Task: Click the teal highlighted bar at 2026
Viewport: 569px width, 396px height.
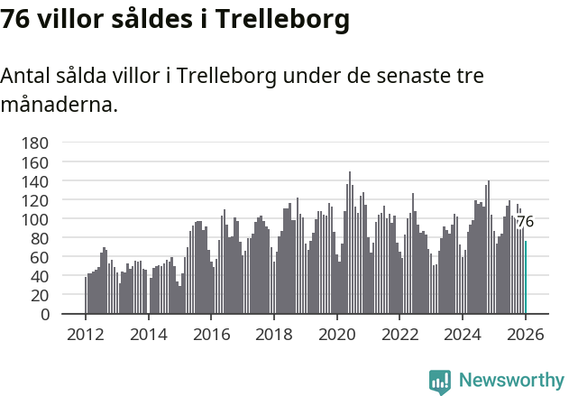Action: pyautogui.click(x=526, y=278)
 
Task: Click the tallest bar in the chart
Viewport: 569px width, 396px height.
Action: pyautogui.click(x=350, y=244)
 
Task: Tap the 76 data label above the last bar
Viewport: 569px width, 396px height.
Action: pyautogui.click(x=525, y=222)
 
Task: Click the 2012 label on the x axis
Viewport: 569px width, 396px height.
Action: pyautogui.click(x=86, y=334)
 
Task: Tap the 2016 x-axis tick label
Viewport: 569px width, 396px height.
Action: pyautogui.click(x=211, y=334)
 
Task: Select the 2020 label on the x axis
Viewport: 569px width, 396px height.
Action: pyautogui.click(x=336, y=334)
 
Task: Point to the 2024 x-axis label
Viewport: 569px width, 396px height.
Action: pyautogui.click(x=463, y=334)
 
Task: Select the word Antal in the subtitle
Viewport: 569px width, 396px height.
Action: pyautogui.click(x=26, y=77)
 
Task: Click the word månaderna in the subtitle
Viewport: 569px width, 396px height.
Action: pyautogui.click(x=58, y=106)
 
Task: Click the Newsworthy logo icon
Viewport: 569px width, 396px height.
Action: pyautogui.click(x=440, y=382)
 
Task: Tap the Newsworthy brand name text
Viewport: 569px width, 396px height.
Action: pyautogui.click(x=509, y=381)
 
